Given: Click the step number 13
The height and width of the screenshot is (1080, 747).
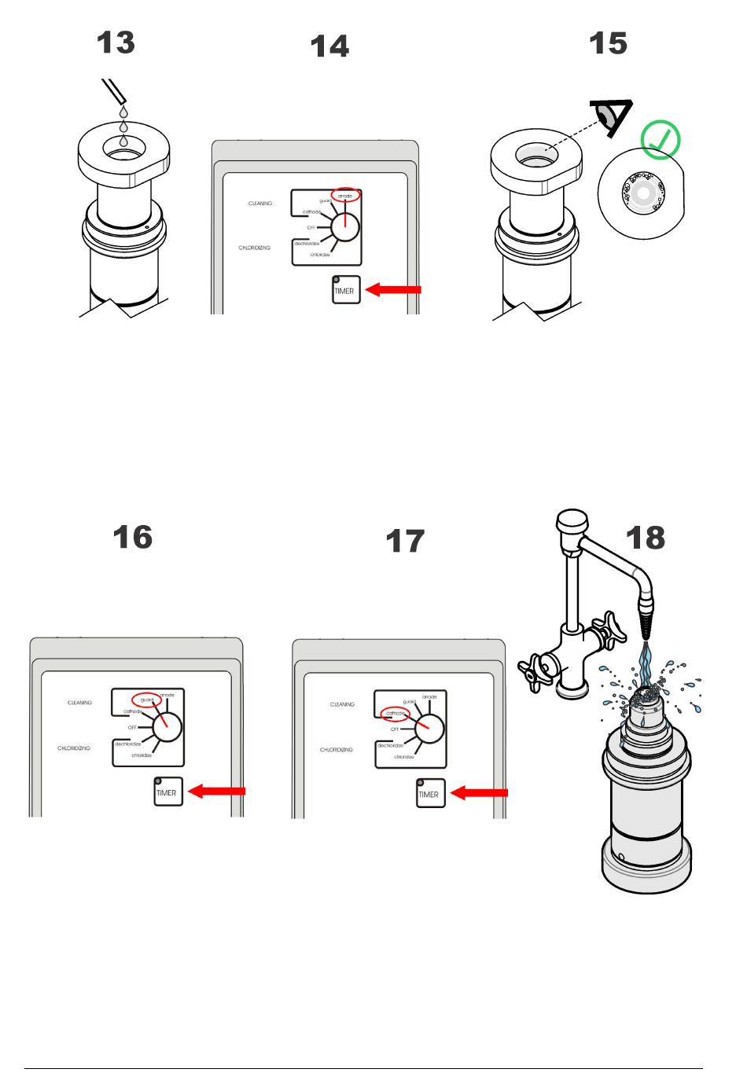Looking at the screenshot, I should coord(116,42).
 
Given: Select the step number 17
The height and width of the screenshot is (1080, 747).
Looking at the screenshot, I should coord(404,542).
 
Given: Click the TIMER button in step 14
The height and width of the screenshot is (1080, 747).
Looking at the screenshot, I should coord(344,290).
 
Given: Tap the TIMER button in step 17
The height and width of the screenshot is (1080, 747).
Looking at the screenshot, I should coord(429,793).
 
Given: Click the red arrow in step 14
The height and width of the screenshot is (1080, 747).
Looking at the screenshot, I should coord(394,289).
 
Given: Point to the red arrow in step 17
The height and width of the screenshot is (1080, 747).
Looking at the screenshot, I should coord(479,793).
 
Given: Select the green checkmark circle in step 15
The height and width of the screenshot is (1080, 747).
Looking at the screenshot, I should coord(660,139).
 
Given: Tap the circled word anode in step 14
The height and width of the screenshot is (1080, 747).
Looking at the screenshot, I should coord(344,195).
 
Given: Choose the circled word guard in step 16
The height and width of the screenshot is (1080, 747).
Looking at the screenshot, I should coord(146,700).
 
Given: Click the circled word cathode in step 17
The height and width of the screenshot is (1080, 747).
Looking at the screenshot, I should coord(395,714).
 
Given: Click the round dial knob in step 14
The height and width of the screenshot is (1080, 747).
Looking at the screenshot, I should coord(344,227).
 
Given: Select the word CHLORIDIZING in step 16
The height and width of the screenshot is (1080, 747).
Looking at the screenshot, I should coord(74,748).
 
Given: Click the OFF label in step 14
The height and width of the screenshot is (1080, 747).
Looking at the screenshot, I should coord(311,228).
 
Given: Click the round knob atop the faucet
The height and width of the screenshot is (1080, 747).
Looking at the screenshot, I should coord(572,521).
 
